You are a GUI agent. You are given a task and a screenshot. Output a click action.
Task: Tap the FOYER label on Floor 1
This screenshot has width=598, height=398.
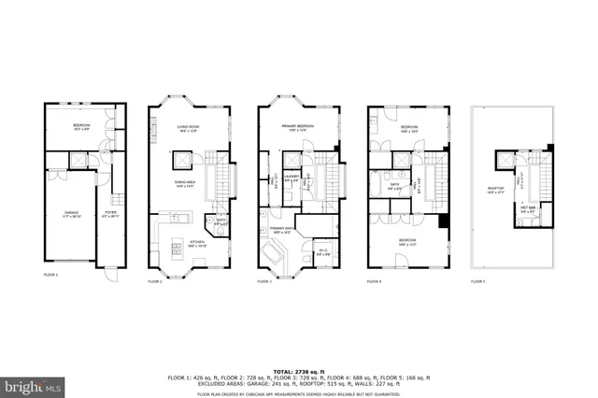coord(110,214)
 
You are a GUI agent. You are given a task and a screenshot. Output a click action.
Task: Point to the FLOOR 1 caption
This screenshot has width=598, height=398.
coord(50,275)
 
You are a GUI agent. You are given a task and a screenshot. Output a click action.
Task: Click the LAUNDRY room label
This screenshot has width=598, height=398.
coord(291,178)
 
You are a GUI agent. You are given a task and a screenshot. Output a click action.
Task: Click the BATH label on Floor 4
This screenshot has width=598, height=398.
coord(395,185)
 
